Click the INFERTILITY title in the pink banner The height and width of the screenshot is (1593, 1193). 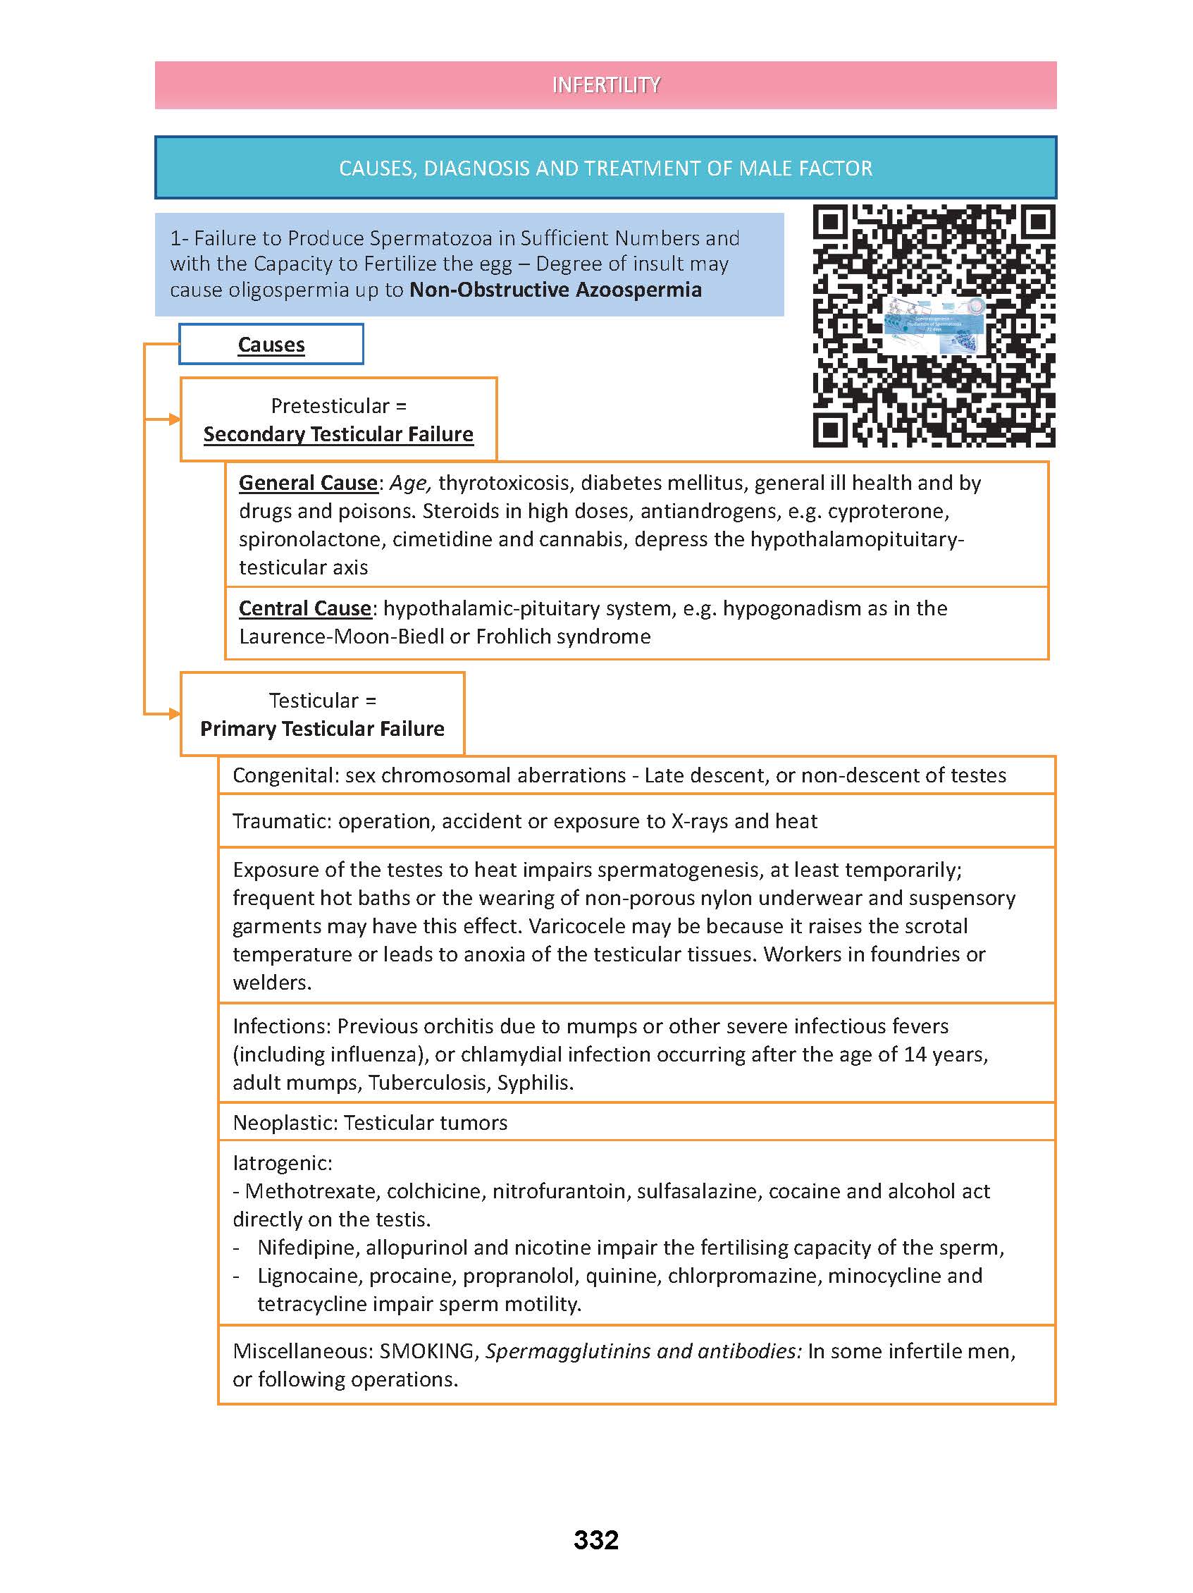(x=605, y=85)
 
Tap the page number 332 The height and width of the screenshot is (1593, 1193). (x=596, y=1540)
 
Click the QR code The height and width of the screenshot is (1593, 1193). (x=934, y=326)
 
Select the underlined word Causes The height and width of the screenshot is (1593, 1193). (x=271, y=345)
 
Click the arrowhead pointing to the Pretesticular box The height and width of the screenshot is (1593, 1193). (x=174, y=419)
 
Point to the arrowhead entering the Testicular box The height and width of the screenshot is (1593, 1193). (x=174, y=714)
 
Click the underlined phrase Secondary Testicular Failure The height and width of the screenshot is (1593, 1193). (x=338, y=434)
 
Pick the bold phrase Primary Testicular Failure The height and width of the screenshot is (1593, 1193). (x=322, y=729)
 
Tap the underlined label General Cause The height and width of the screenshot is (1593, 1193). (x=308, y=483)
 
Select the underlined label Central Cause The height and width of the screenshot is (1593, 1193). (x=305, y=608)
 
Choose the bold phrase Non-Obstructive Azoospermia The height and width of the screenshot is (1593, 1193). (x=555, y=290)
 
